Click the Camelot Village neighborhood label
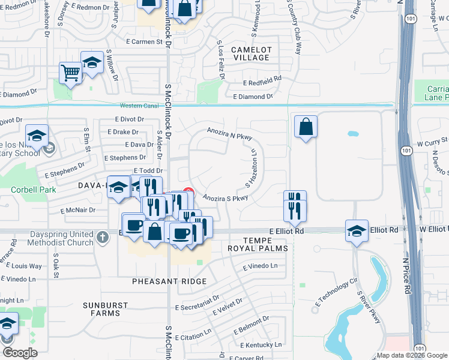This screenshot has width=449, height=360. tap(252, 53)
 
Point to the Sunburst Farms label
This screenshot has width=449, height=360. tap(106, 309)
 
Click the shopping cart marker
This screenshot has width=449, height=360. tap(71, 73)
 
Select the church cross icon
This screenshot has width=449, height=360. tap(103, 237)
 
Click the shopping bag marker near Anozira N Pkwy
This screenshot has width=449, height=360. tap(306, 127)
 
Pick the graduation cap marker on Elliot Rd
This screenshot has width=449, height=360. tap(357, 230)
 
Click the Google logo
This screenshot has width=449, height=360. tap(19, 353)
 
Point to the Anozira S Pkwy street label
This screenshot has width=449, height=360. tap(225, 198)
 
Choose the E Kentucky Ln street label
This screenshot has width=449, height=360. tap(261, 345)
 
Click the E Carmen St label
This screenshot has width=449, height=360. tap(143, 42)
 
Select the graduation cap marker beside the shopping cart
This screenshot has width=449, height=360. tap(92, 62)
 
